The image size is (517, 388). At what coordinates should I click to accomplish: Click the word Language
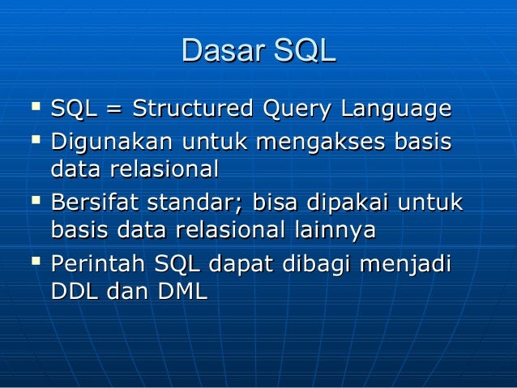point(395,109)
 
